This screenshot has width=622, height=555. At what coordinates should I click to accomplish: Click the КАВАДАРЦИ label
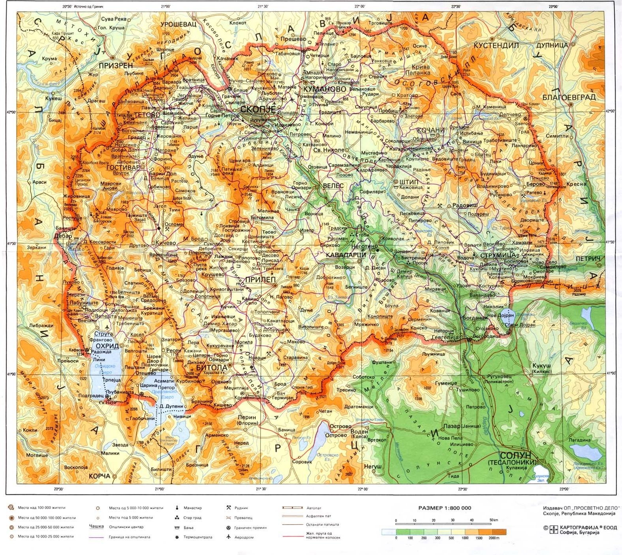pos(346,255)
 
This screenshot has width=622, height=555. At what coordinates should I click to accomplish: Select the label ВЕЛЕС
pos(333,185)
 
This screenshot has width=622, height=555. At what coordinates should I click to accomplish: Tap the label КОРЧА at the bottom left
pos(99,476)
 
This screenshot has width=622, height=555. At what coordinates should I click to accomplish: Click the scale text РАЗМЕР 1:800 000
pos(445,508)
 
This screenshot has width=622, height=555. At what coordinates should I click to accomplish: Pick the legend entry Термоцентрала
pos(197,537)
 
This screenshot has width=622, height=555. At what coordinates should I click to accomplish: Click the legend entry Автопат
pos(314,508)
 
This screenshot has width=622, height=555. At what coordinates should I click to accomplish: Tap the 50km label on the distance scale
pos(493,520)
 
